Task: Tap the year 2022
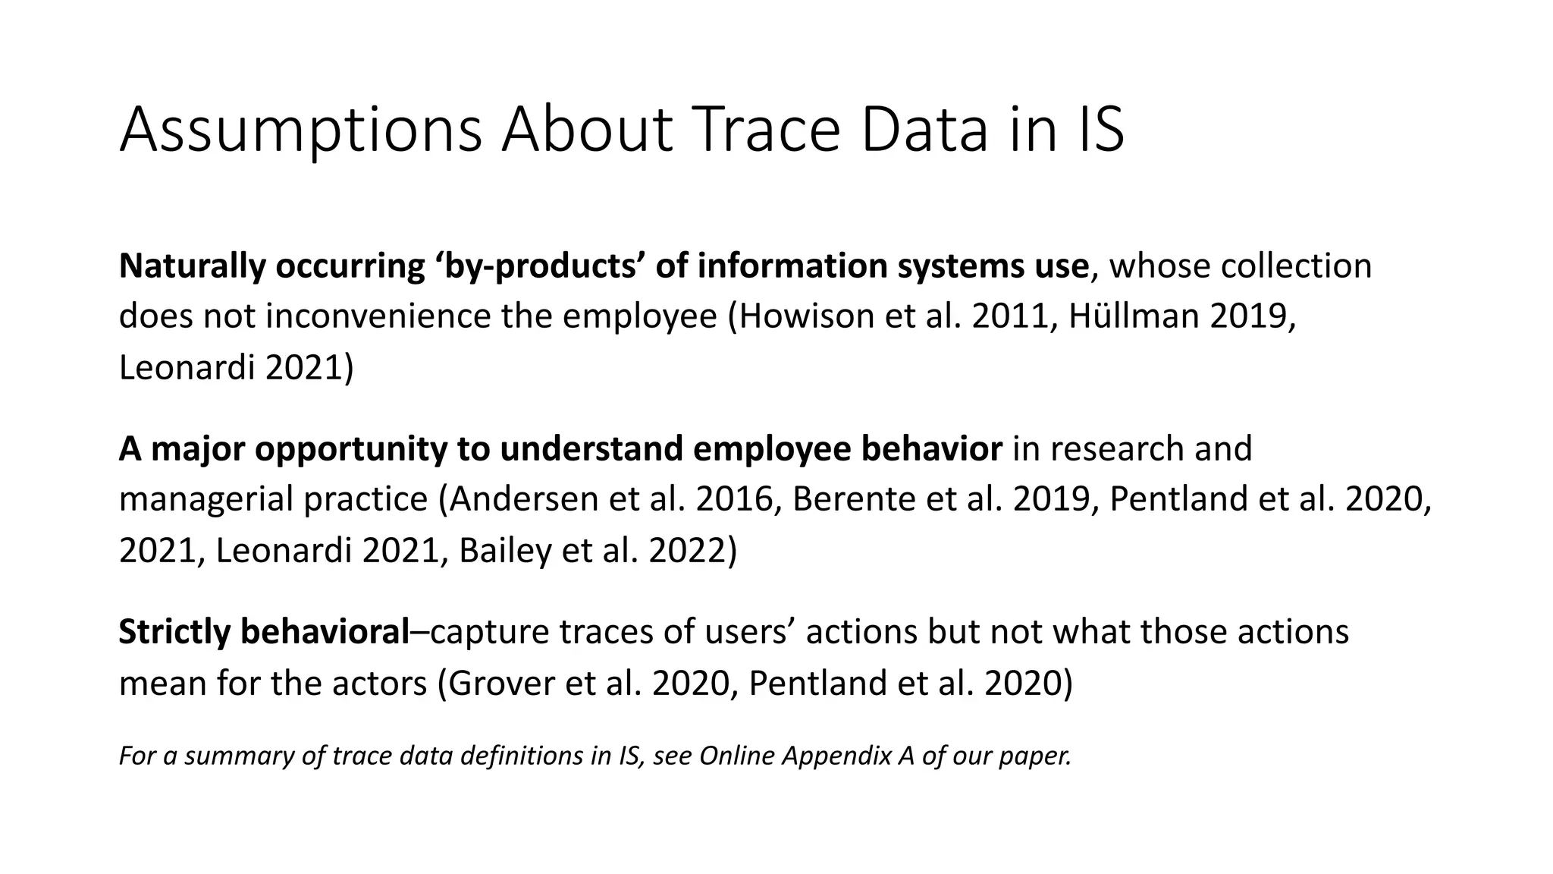(x=687, y=550)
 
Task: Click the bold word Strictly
(x=174, y=632)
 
